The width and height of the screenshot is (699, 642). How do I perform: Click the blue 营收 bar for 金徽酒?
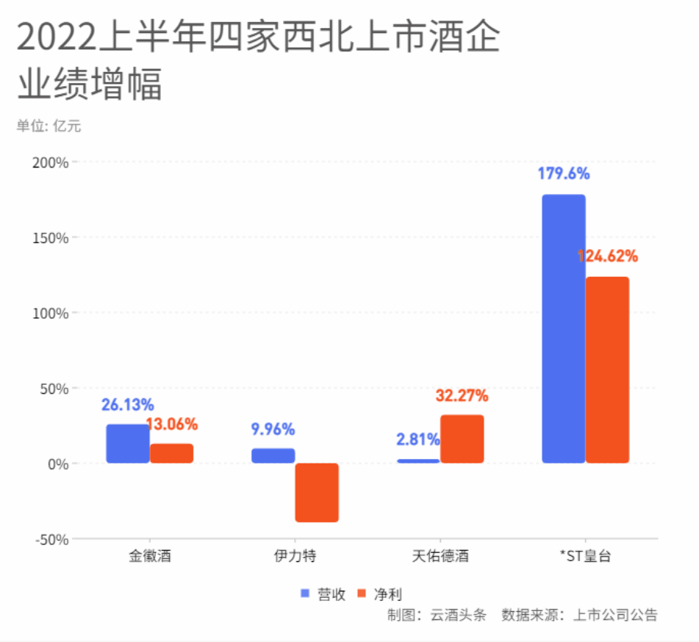coord(128,444)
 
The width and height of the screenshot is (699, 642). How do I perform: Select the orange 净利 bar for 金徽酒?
coord(171,453)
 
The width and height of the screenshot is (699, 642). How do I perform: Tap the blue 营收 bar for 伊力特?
coord(273,455)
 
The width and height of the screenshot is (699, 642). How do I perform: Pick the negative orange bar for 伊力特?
coord(317,492)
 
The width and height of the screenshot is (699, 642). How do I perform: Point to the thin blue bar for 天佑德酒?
coord(418,461)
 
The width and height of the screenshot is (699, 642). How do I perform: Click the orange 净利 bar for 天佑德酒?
coord(462,439)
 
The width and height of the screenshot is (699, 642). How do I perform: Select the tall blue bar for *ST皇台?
coord(564,329)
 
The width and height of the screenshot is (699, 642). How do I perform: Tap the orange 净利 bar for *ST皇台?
coord(607,370)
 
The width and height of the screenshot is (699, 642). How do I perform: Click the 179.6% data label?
coord(564,174)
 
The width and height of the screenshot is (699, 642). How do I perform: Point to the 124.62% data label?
coord(607,257)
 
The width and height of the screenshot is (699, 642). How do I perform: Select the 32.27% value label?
coord(462,396)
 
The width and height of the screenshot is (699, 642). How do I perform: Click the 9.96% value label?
coord(273,429)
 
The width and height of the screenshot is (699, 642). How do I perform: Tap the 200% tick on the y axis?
coord(51,162)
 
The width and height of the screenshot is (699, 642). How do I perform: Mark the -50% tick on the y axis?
coord(51,539)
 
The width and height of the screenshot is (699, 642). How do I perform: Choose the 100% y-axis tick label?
coord(51,314)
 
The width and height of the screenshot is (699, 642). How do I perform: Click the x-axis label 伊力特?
coord(295,556)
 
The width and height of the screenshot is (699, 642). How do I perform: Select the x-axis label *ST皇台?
coord(585,556)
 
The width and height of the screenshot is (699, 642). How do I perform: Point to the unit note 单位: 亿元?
coord(49,126)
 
